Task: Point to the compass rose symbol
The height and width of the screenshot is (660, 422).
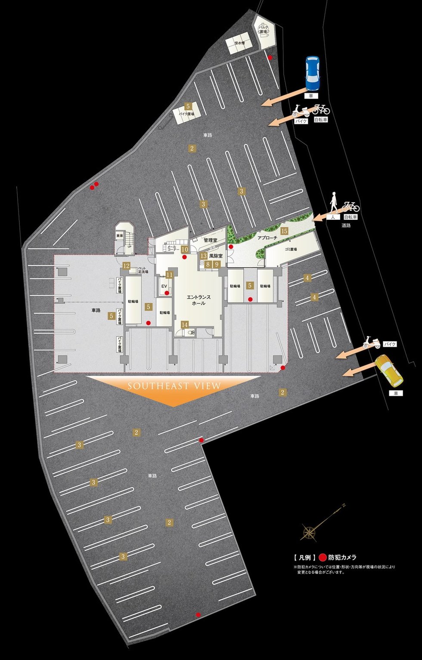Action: (309, 532)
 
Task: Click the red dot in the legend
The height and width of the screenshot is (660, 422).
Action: (323, 557)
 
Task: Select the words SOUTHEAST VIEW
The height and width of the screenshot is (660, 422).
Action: (174, 386)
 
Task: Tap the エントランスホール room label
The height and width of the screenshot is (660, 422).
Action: (199, 300)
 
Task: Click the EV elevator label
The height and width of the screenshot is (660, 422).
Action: (164, 286)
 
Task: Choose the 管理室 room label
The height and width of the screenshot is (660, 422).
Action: (211, 240)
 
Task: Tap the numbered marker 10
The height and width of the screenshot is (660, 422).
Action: (185, 249)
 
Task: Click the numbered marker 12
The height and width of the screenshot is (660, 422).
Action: (126, 266)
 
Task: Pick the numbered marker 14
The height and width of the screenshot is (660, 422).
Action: (185, 324)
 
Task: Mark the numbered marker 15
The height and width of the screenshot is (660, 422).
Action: (284, 231)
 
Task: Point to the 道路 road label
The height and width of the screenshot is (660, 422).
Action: (346, 225)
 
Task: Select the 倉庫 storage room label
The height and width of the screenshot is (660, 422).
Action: (120, 236)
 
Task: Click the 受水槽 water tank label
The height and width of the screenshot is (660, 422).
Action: (239, 43)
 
